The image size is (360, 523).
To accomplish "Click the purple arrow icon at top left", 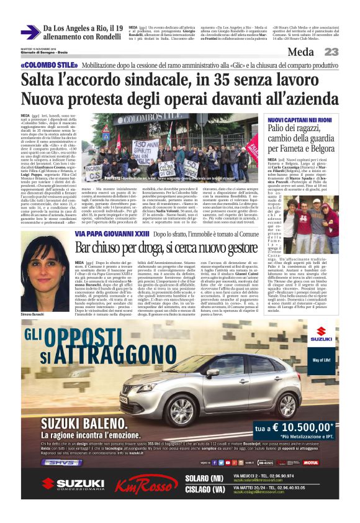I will coord(29,32).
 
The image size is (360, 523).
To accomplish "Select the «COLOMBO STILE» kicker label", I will coord(45,65).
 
